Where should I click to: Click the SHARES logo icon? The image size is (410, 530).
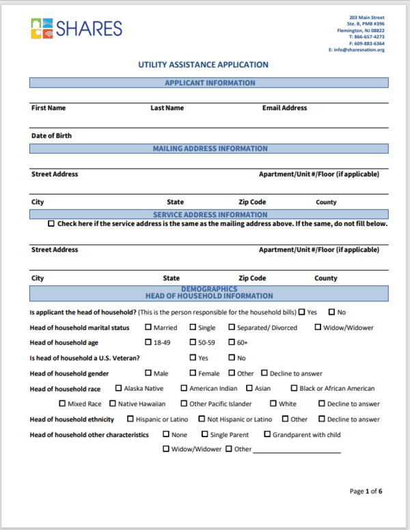(41, 28)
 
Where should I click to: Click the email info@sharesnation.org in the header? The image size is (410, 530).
(356, 50)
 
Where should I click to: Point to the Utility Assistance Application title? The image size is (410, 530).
(203, 65)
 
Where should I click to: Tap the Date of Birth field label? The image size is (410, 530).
(51, 136)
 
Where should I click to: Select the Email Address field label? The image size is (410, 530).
(284, 108)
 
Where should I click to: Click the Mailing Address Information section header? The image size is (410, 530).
(209, 148)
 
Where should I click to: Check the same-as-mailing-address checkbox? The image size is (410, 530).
(51, 224)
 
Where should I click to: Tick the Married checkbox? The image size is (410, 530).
(148, 327)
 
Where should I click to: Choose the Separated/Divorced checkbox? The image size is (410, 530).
(232, 327)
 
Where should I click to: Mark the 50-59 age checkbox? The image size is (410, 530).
(193, 342)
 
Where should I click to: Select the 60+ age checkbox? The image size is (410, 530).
(232, 342)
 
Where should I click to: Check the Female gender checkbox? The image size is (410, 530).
(193, 373)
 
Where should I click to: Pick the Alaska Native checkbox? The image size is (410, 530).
(119, 388)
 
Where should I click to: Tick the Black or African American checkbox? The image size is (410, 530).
(294, 388)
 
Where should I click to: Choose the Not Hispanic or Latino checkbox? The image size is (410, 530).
(202, 419)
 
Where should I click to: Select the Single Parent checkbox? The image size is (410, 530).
(204, 434)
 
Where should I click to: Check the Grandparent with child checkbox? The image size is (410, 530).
(266, 434)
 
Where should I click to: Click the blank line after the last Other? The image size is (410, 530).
(297, 451)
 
